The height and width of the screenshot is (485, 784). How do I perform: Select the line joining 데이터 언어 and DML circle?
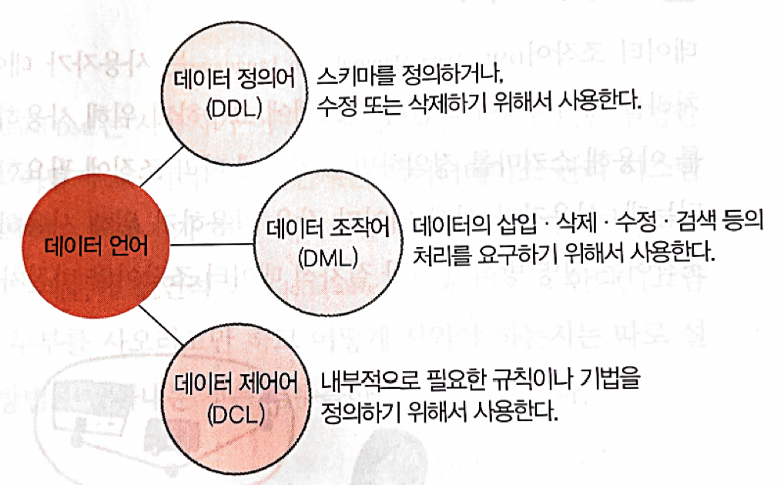[x=213, y=246]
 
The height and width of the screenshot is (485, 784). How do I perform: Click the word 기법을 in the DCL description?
[x=611, y=383]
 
